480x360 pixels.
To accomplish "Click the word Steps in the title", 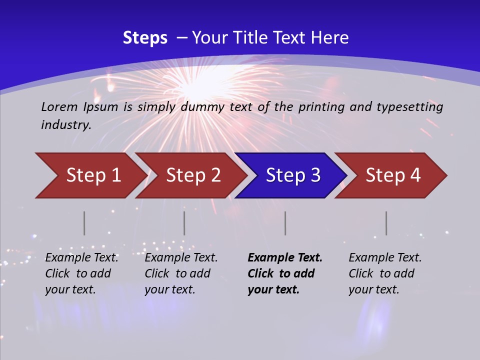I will click(x=145, y=38).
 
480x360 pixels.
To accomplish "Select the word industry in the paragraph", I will click(x=65, y=125).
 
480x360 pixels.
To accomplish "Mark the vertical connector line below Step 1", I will click(x=84, y=223).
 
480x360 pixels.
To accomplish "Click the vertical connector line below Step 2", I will click(x=184, y=223).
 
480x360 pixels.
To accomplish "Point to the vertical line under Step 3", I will click(x=285, y=223).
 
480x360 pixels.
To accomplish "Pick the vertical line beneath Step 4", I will click(x=386, y=223).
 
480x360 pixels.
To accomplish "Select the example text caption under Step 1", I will click(x=81, y=273).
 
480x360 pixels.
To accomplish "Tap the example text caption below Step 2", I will click(x=181, y=273).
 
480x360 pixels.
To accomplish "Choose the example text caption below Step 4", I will click(x=385, y=273).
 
